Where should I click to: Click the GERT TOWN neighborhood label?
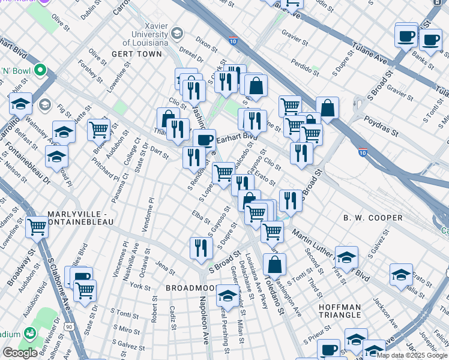coord(137,54)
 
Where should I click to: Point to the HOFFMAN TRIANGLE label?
coord(340,312)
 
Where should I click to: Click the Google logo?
coord(20,352)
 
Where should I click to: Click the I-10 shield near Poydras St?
coord(362,152)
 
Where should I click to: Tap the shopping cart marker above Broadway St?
coord(37,227)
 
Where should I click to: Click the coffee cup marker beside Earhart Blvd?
coord(204,140)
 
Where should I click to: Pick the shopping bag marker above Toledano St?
coord(274,264)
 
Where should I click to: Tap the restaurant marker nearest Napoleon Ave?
coord(201,247)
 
